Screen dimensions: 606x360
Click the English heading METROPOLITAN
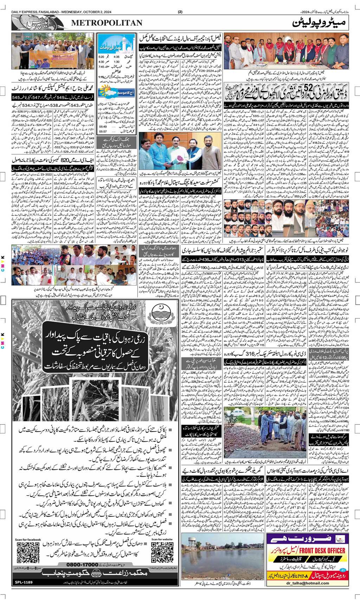107,23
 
